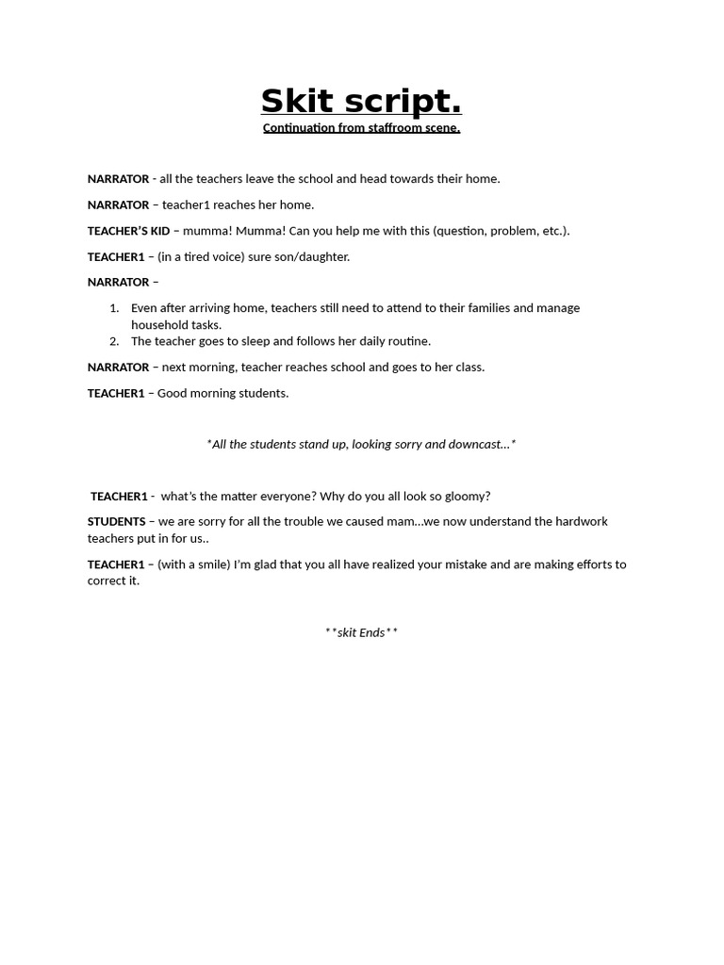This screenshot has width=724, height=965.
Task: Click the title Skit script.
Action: [x=361, y=101]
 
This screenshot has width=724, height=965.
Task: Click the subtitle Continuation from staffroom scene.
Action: [x=361, y=128]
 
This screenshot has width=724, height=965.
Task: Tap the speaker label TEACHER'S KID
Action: [x=129, y=231]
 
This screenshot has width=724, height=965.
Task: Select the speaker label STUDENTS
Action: [x=116, y=521]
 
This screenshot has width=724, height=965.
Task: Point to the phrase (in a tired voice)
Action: [x=201, y=256]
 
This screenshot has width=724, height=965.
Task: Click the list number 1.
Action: [x=114, y=308]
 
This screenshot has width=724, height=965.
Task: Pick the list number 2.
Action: [x=114, y=341]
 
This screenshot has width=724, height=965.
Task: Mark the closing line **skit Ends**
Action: [x=361, y=632]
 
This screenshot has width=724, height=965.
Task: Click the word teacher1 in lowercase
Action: [x=187, y=204]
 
